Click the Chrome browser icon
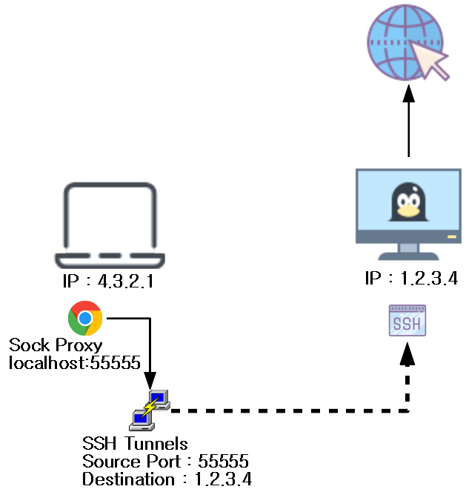tap(85, 318)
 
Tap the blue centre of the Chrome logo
tap(85, 319)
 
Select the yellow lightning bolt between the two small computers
tap(150, 408)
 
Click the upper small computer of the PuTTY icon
tap(159, 399)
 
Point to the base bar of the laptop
tap(110, 259)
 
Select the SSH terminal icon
tap(407, 321)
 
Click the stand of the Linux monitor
tap(408, 252)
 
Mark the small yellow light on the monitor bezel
tap(451, 237)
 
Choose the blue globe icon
tap(404, 41)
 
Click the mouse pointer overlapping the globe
tap(434, 60)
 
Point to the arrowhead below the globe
tap(408, 93)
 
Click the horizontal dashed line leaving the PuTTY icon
tap(289, 409)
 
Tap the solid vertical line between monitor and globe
tap(408, 130)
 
